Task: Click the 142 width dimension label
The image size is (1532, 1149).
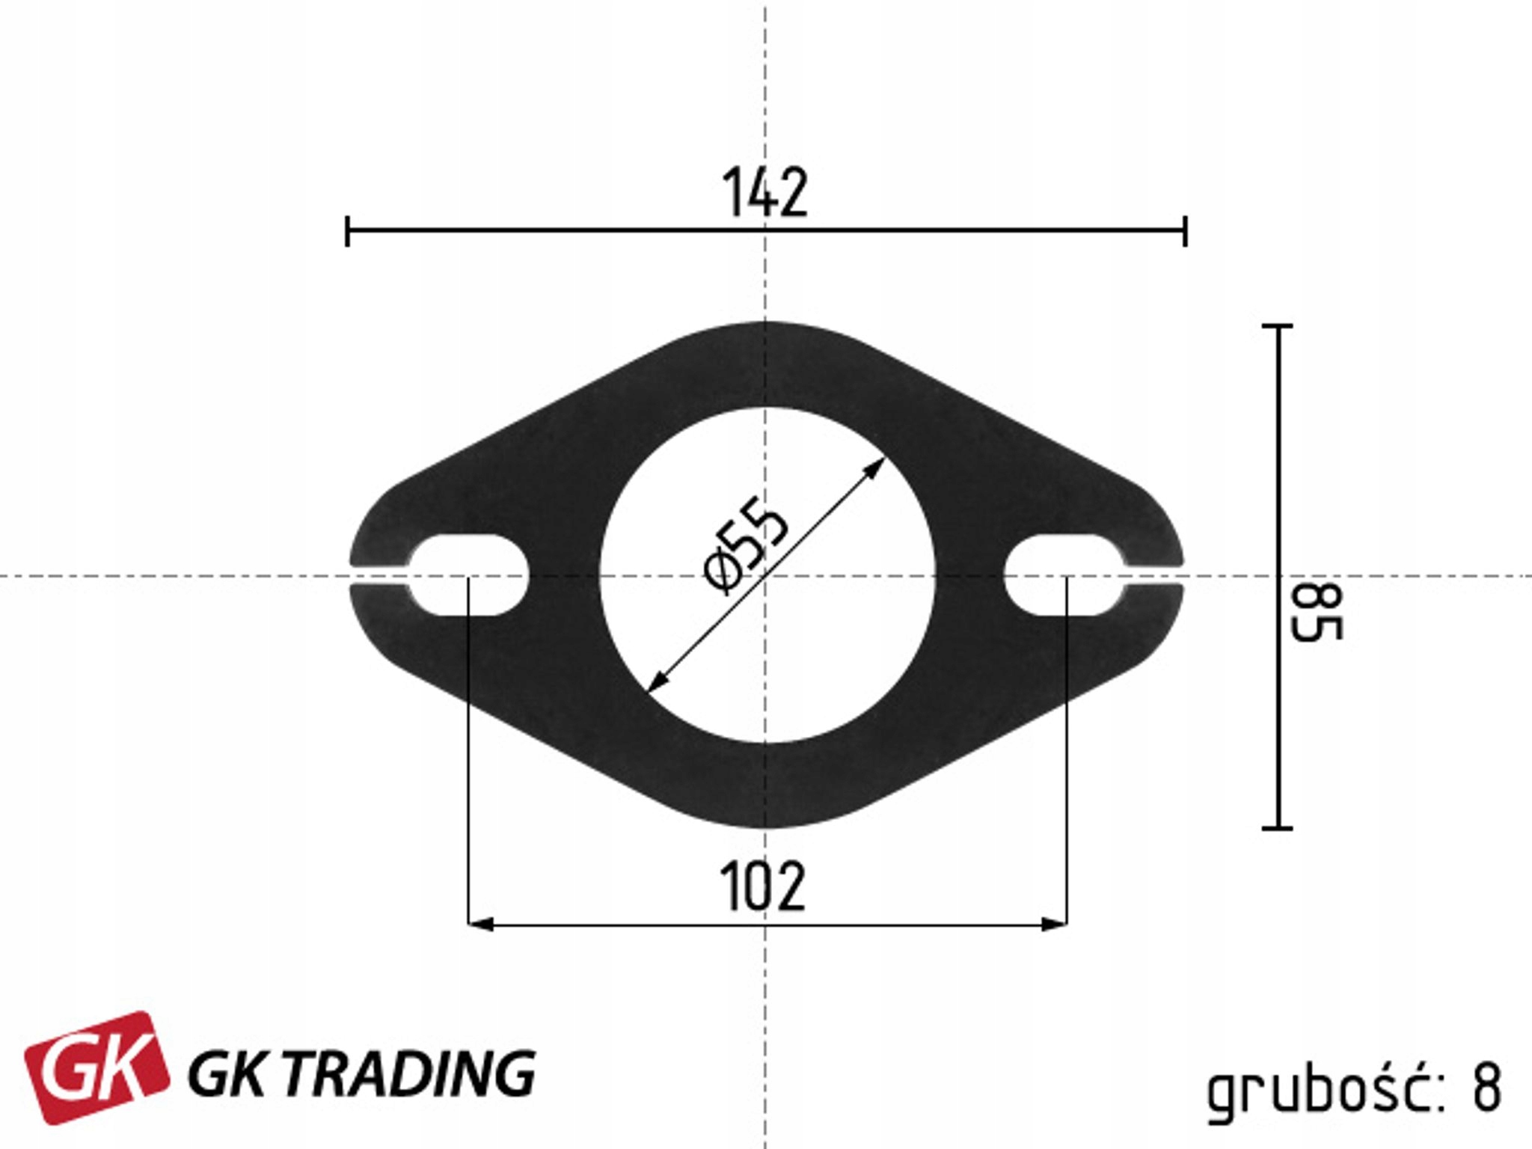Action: tap(765, 193)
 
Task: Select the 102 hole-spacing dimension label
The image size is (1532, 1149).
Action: tap(763, 888)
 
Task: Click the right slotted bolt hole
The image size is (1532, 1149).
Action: tap(1064, 576)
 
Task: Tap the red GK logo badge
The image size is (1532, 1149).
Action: tap(97, 1067)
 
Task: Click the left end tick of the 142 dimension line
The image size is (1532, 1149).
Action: tap(347, 230)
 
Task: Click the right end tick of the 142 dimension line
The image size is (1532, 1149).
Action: tap(1185, 230)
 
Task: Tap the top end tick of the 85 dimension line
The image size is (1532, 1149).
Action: tap(1277, 326)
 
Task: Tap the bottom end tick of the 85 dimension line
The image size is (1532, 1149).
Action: tap(1277, 828)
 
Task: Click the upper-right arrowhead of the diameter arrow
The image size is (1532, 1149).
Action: tap(875, 467)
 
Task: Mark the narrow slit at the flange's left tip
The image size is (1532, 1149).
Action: tap(379, 576)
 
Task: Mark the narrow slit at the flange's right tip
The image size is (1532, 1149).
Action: tap(1153, 576)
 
